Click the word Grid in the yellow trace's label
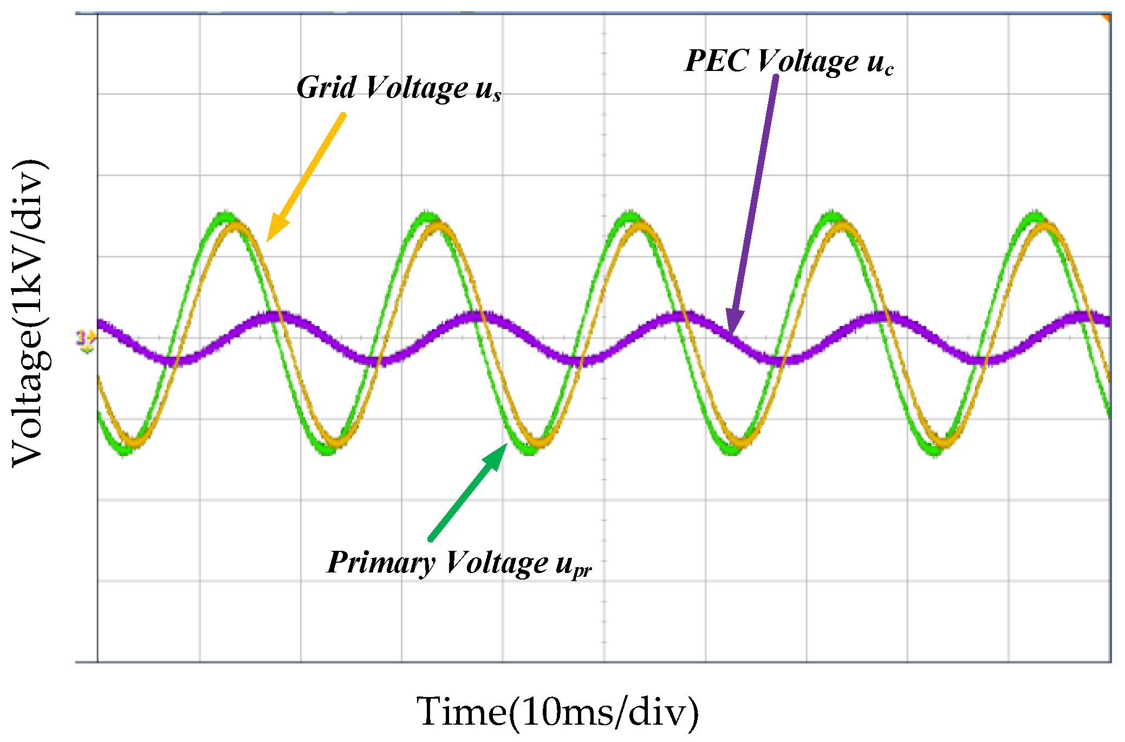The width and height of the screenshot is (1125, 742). [326, 88]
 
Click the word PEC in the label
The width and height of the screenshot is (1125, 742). [717, 61]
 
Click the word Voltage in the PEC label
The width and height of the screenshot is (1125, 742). [808, 61]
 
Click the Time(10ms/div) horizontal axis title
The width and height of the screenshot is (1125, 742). [558, 712]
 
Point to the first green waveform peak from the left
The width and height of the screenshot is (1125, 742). [224, 216]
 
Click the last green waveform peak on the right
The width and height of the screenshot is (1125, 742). [1035, 216]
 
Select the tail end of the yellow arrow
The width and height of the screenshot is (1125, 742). [343, 115]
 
